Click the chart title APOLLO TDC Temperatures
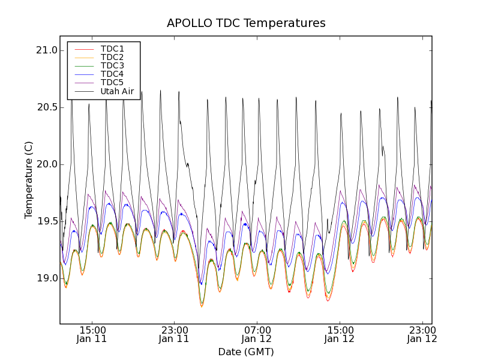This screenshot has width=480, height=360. click(246, 23)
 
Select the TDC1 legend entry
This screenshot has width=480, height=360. click(112, 49)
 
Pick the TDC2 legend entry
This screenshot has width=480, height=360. click(112, 57)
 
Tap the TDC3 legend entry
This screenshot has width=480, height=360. click(112, 65)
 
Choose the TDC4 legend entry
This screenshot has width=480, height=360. click(112, 74)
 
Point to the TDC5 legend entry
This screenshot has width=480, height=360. click(112, 83)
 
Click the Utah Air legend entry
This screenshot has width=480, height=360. click(117, 92)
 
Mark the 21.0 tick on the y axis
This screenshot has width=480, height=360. click(46, 50)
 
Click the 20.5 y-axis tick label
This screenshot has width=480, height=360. click(46, 107)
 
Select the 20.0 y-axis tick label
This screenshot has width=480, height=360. click(46, 164)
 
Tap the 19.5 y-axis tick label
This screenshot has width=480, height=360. click(46, 221)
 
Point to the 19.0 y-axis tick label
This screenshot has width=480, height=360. click(46, 278)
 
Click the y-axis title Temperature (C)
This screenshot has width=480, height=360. click(29, 179)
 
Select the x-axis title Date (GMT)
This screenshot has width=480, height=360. click(246, 352)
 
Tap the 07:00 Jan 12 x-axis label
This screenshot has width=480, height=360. click(257, 334)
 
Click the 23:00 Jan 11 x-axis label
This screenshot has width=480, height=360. click(174, 334)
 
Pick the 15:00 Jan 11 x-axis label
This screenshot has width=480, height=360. click(92, 334)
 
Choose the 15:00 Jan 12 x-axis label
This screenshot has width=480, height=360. click(340, 334)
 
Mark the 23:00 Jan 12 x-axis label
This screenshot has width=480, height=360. click(422, 334)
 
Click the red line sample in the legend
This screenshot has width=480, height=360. click(84, 49)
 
